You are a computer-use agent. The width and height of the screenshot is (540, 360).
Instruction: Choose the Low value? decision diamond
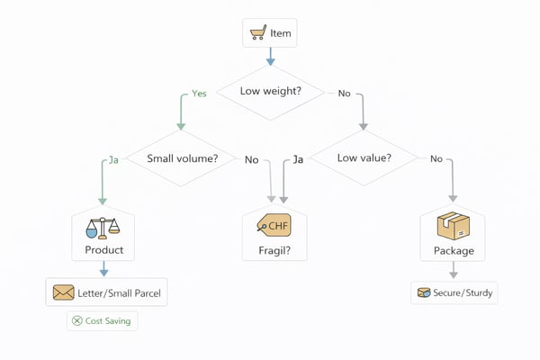[x=363, y=158]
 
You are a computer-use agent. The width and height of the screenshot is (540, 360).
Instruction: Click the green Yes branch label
[x=200, y=94]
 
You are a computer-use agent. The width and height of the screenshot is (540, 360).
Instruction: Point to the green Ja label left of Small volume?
[x=113, y=159]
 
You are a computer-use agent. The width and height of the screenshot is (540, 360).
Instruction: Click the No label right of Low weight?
[x=344, y=94]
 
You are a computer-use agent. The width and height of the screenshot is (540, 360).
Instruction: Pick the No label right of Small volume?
[x=251, y=160]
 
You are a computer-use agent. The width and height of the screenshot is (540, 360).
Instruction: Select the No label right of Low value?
[x=436, y=159]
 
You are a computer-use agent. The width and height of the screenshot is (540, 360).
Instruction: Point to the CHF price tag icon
[x=274, y=225]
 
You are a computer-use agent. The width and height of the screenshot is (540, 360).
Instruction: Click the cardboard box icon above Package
[x=452, y=226]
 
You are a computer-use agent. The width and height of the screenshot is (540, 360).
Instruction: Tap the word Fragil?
[x=274, y=249]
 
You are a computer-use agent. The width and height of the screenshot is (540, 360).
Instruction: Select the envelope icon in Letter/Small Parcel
[x=63, y=292]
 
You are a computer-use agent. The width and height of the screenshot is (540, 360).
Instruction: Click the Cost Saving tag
[x=103, y=320]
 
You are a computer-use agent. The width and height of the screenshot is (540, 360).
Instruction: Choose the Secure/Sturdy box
[x=454, y=292]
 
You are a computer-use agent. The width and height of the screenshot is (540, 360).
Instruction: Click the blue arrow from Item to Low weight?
[x=269, y=57]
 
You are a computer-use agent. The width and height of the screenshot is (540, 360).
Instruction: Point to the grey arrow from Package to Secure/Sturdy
[x=453, y=269]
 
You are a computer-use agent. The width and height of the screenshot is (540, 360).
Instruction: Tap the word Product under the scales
[x=103, y=249]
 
